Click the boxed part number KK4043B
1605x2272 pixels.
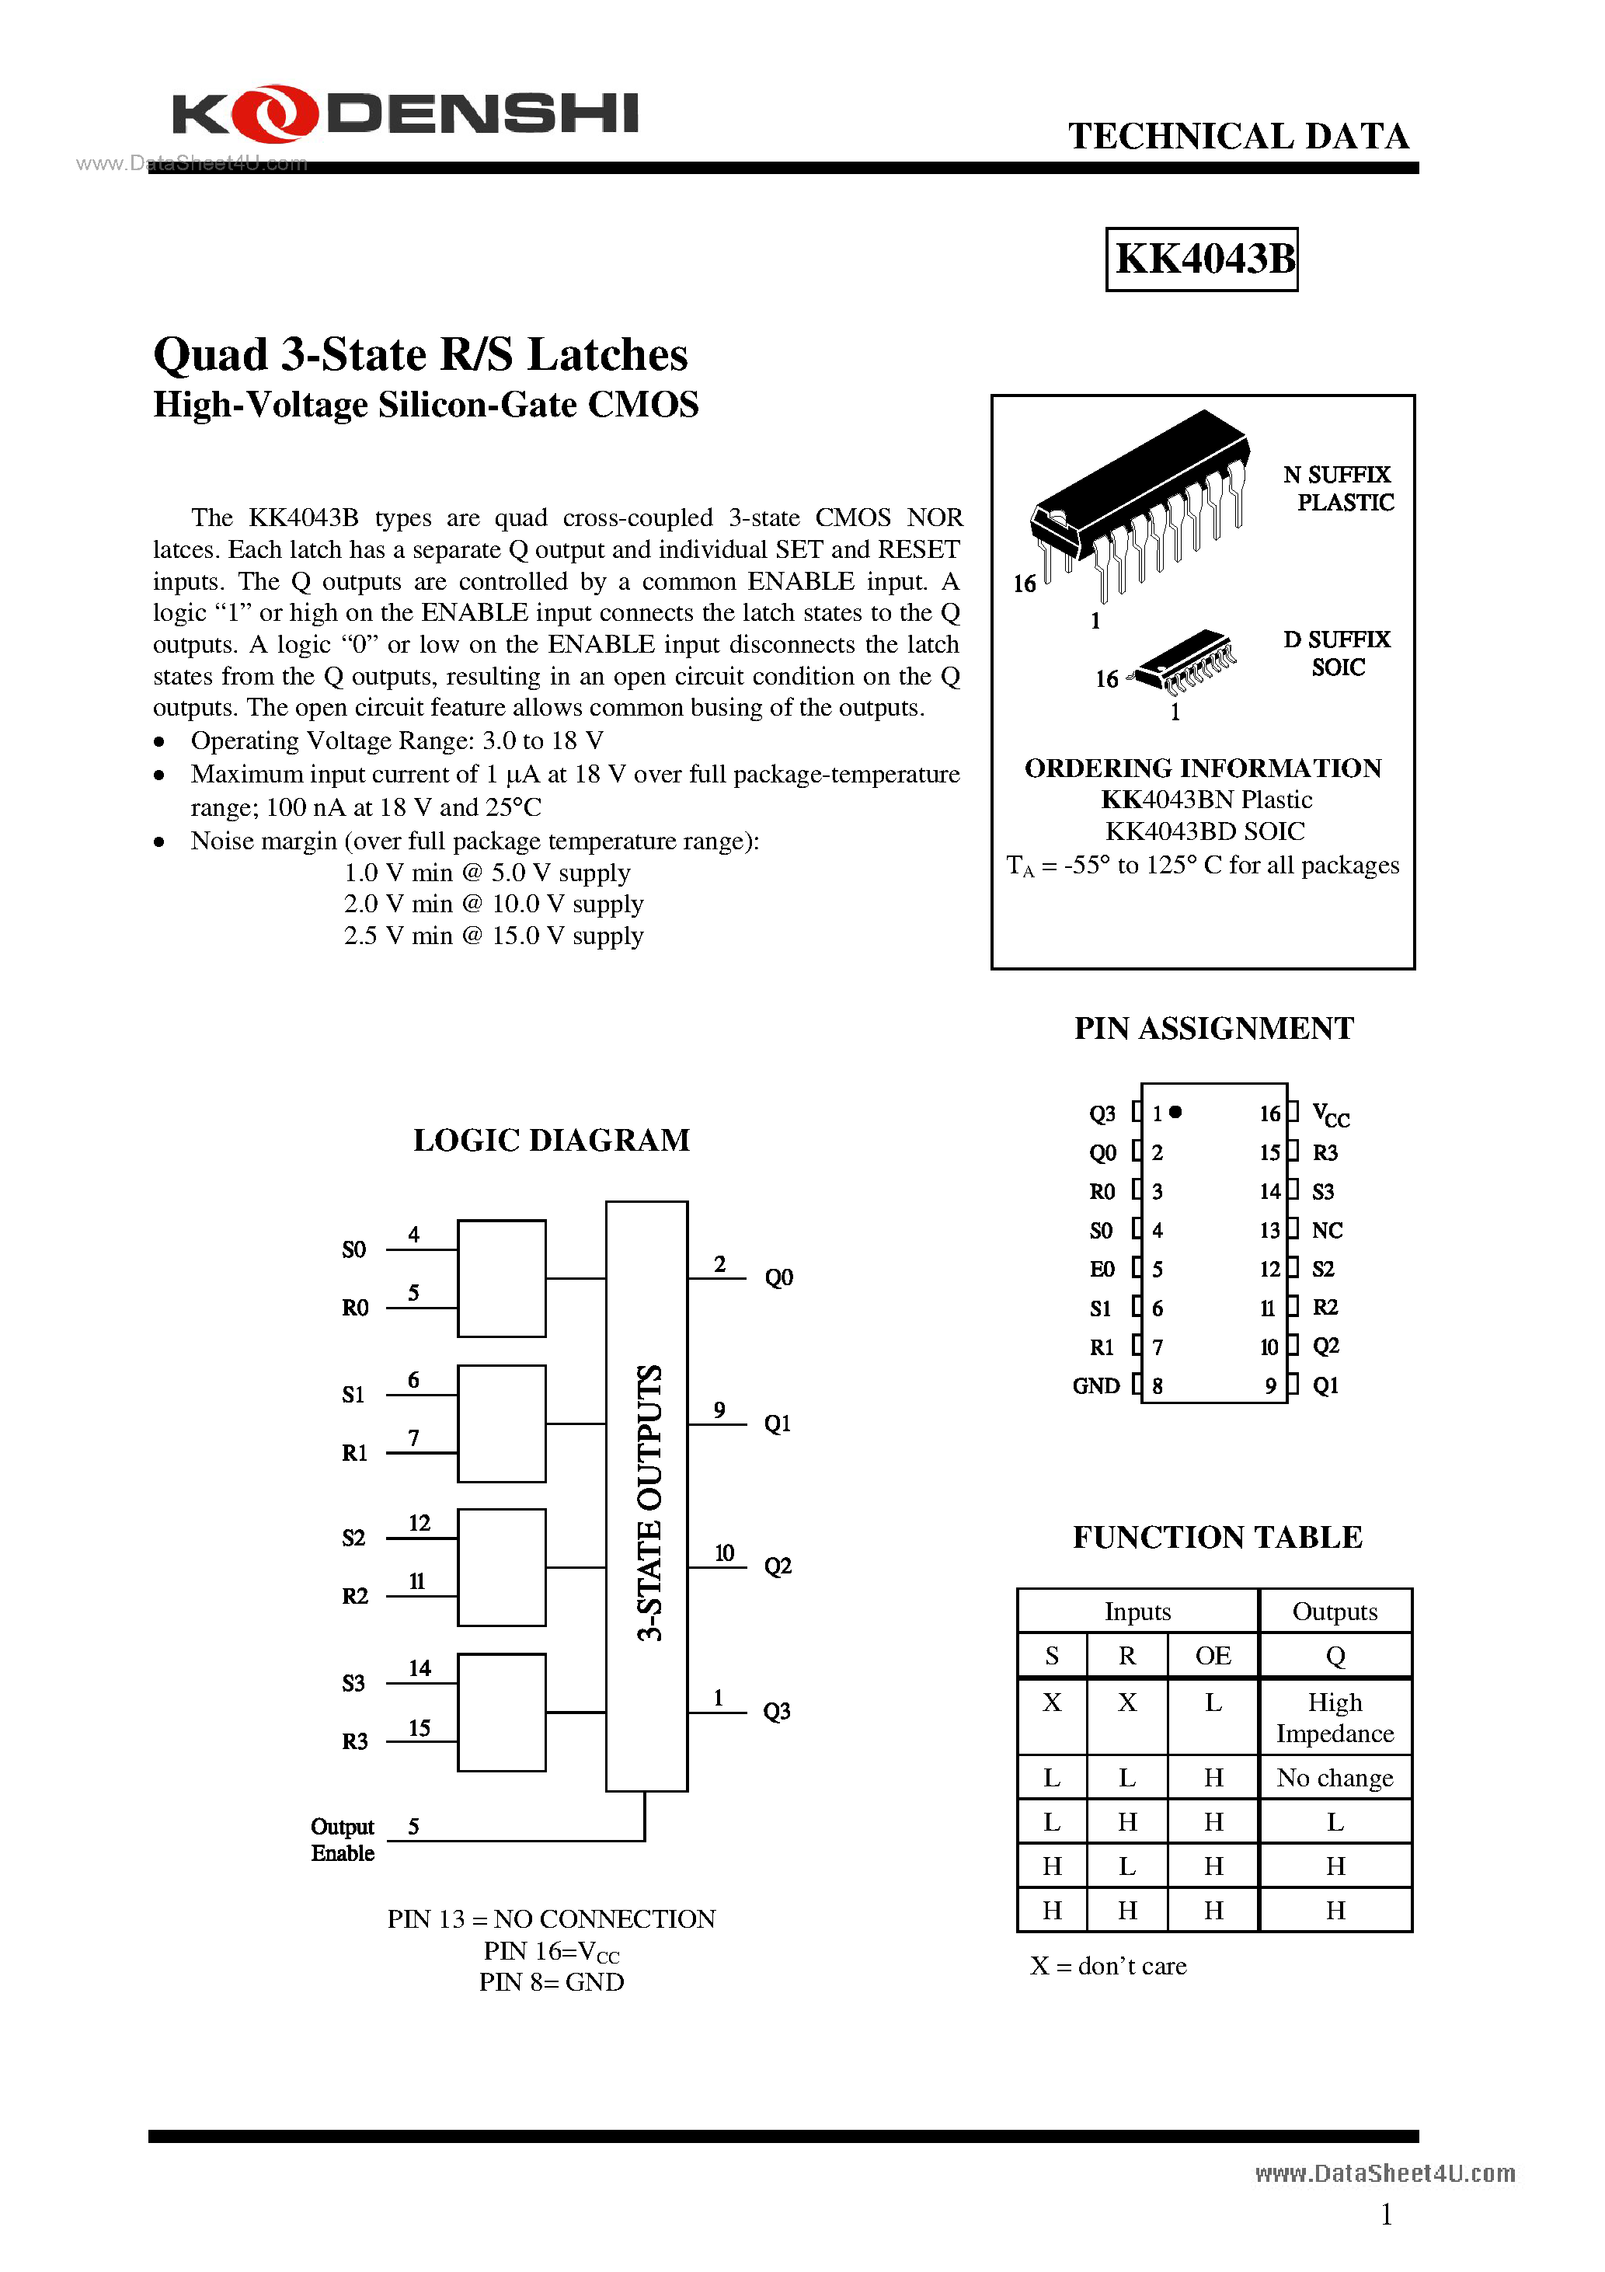[1203, 260]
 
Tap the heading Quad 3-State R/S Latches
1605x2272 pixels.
[420, 355]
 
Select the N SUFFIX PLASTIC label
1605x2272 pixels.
[1339, 489]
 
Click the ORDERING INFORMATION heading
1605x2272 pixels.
[1203, 768]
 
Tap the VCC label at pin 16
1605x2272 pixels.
[1330, 1115]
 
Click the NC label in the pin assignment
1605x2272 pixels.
[1327, 1230]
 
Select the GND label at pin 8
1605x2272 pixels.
[1095, 1386]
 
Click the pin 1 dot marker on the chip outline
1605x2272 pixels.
[1175, 1112]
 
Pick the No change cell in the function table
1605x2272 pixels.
[1334, 1779]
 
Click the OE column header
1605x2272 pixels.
[1213, 1656]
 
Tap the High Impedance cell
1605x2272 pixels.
[1334, 1717]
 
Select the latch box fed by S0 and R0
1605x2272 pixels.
[502, 1278]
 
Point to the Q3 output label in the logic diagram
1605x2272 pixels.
[777, 1711]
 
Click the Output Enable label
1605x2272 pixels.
[343, 1839]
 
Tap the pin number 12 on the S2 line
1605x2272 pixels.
[420, 1523]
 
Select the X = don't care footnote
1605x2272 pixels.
[1109, 1966]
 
